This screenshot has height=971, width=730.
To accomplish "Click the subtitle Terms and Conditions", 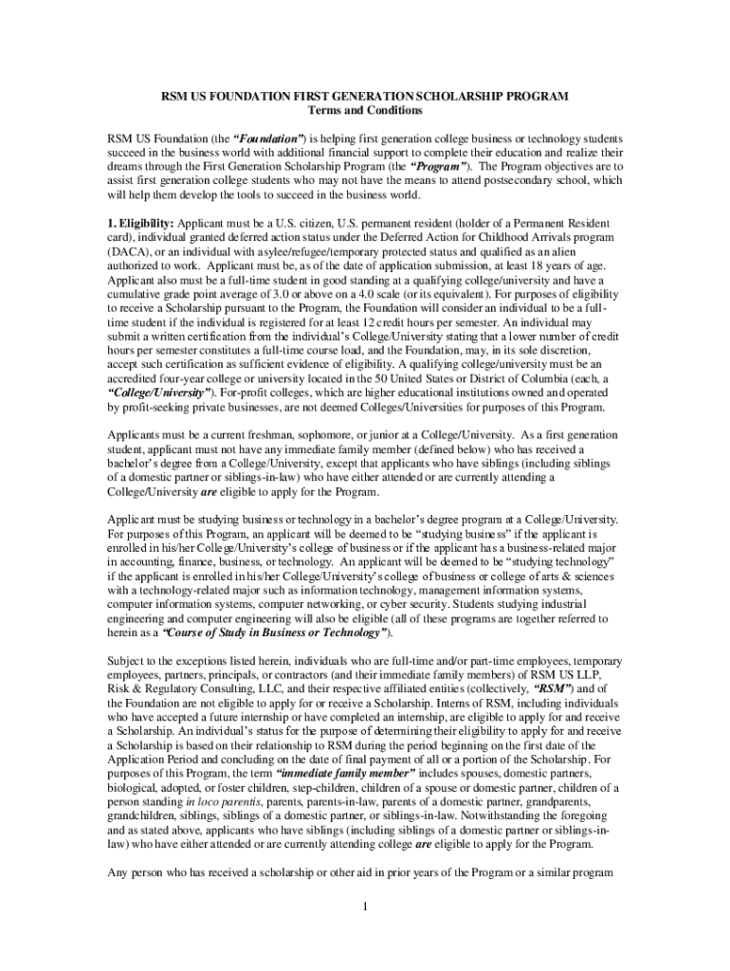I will coord(364,111).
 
